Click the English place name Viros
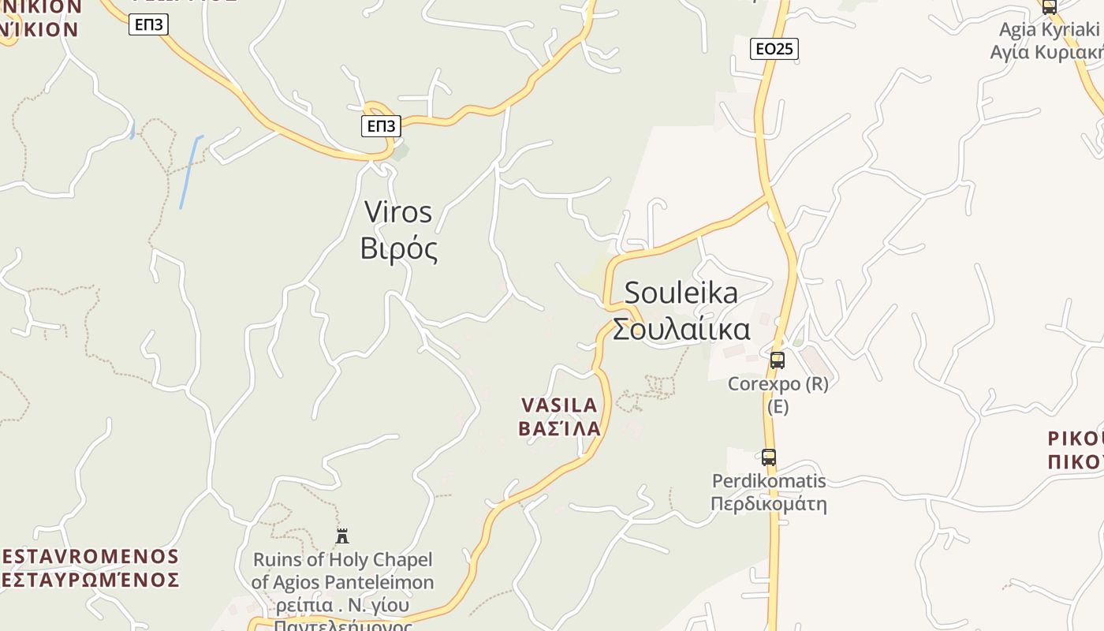398,212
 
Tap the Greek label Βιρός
398,248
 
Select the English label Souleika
681,293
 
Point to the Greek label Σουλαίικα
681,329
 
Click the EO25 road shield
774,49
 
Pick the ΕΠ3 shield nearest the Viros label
381,125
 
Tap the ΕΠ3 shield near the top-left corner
148,24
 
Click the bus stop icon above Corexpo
778,360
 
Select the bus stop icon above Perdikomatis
768,457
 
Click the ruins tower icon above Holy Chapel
342,536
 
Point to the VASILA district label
559,405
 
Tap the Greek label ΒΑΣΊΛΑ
559,429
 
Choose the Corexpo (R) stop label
778,384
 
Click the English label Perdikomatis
769,481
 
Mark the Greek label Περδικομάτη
769,504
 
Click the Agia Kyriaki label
1049,30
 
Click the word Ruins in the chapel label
276,560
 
